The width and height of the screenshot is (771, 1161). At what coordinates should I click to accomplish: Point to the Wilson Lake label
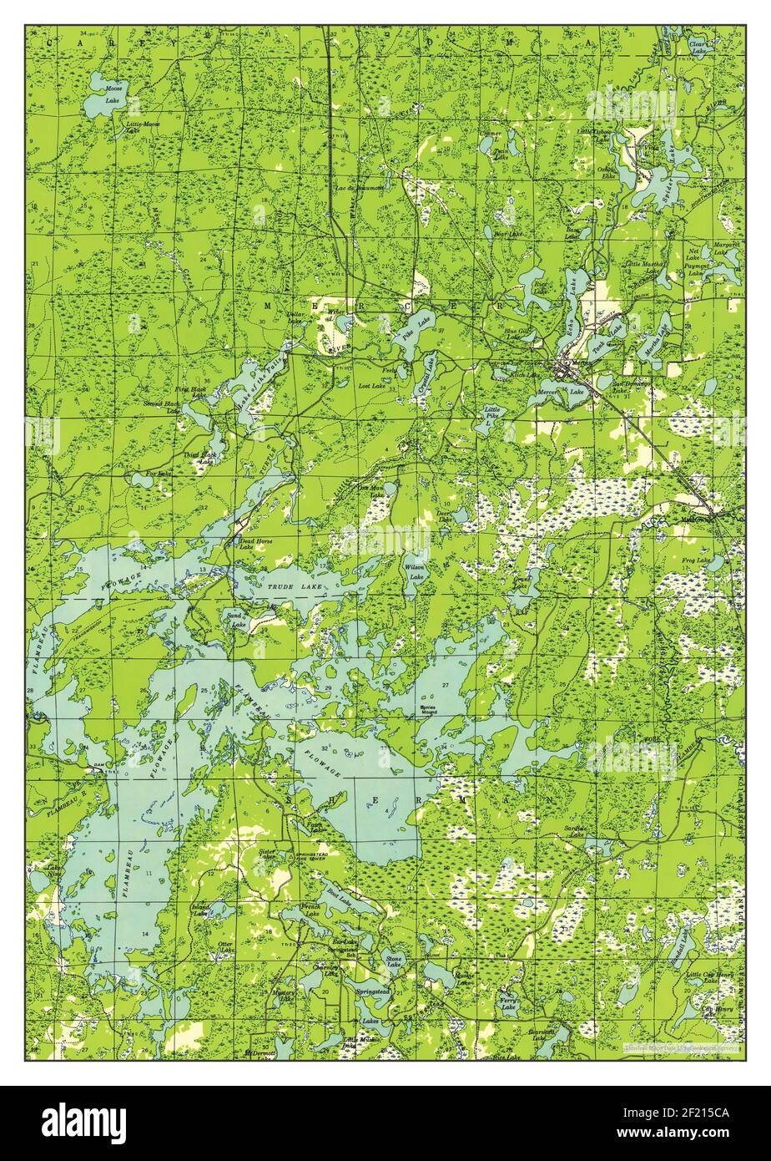415,571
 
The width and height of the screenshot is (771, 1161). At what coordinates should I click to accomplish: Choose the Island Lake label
201,911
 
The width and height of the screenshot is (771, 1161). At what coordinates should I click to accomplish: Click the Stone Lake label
393,961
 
